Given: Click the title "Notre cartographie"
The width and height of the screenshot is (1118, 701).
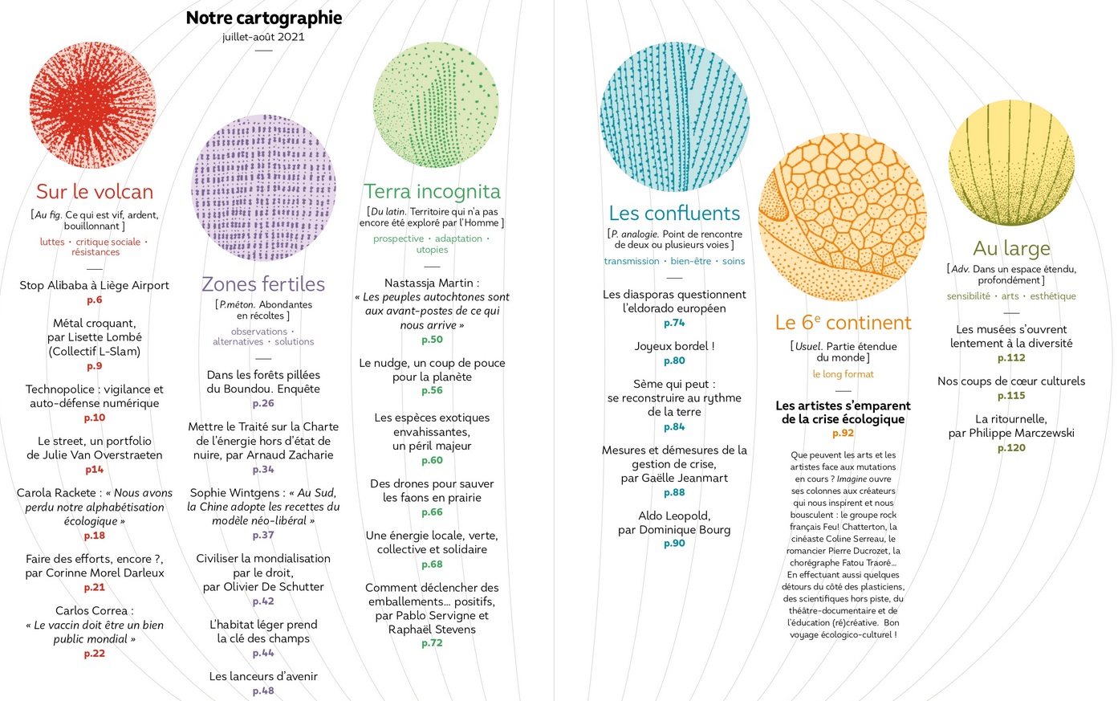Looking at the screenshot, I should tap(263, 18).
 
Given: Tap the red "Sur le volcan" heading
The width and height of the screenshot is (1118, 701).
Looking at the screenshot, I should tap(95, 192).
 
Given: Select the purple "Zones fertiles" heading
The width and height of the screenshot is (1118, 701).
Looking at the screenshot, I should tap(263, 284).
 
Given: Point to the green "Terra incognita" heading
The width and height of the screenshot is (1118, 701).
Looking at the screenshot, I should tap(432, 191).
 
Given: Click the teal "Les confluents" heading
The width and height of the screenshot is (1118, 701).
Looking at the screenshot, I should tap(674, 214).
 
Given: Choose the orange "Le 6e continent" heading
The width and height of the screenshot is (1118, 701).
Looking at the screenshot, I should tap(843, 323).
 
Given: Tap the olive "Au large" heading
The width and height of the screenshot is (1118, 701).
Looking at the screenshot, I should tap(1011, 249).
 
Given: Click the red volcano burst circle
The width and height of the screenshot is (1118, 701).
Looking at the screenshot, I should tap(93, 105).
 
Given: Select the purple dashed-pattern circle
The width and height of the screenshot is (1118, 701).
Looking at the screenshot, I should tap(263, 187).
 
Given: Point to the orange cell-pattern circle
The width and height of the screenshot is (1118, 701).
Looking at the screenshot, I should tap(842, 218).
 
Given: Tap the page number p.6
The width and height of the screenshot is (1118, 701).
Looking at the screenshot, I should tap(95, 300).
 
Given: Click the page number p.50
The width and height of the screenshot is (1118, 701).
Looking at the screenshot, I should tap(432, 340).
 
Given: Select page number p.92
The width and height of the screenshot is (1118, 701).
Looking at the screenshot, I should tap(843, 434).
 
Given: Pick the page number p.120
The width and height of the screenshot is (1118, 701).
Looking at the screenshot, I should tap(1011, 448).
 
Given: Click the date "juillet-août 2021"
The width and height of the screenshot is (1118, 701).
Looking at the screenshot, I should tap(263, 37).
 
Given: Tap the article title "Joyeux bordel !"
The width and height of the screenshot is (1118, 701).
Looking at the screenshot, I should tap(674, 347).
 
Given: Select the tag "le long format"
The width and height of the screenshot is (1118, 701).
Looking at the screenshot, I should tap(843, 374).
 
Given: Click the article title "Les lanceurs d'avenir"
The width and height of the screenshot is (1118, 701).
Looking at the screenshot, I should tap(263, 677).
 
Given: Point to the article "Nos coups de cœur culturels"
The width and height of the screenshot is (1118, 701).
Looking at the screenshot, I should tap(1011, 381).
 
